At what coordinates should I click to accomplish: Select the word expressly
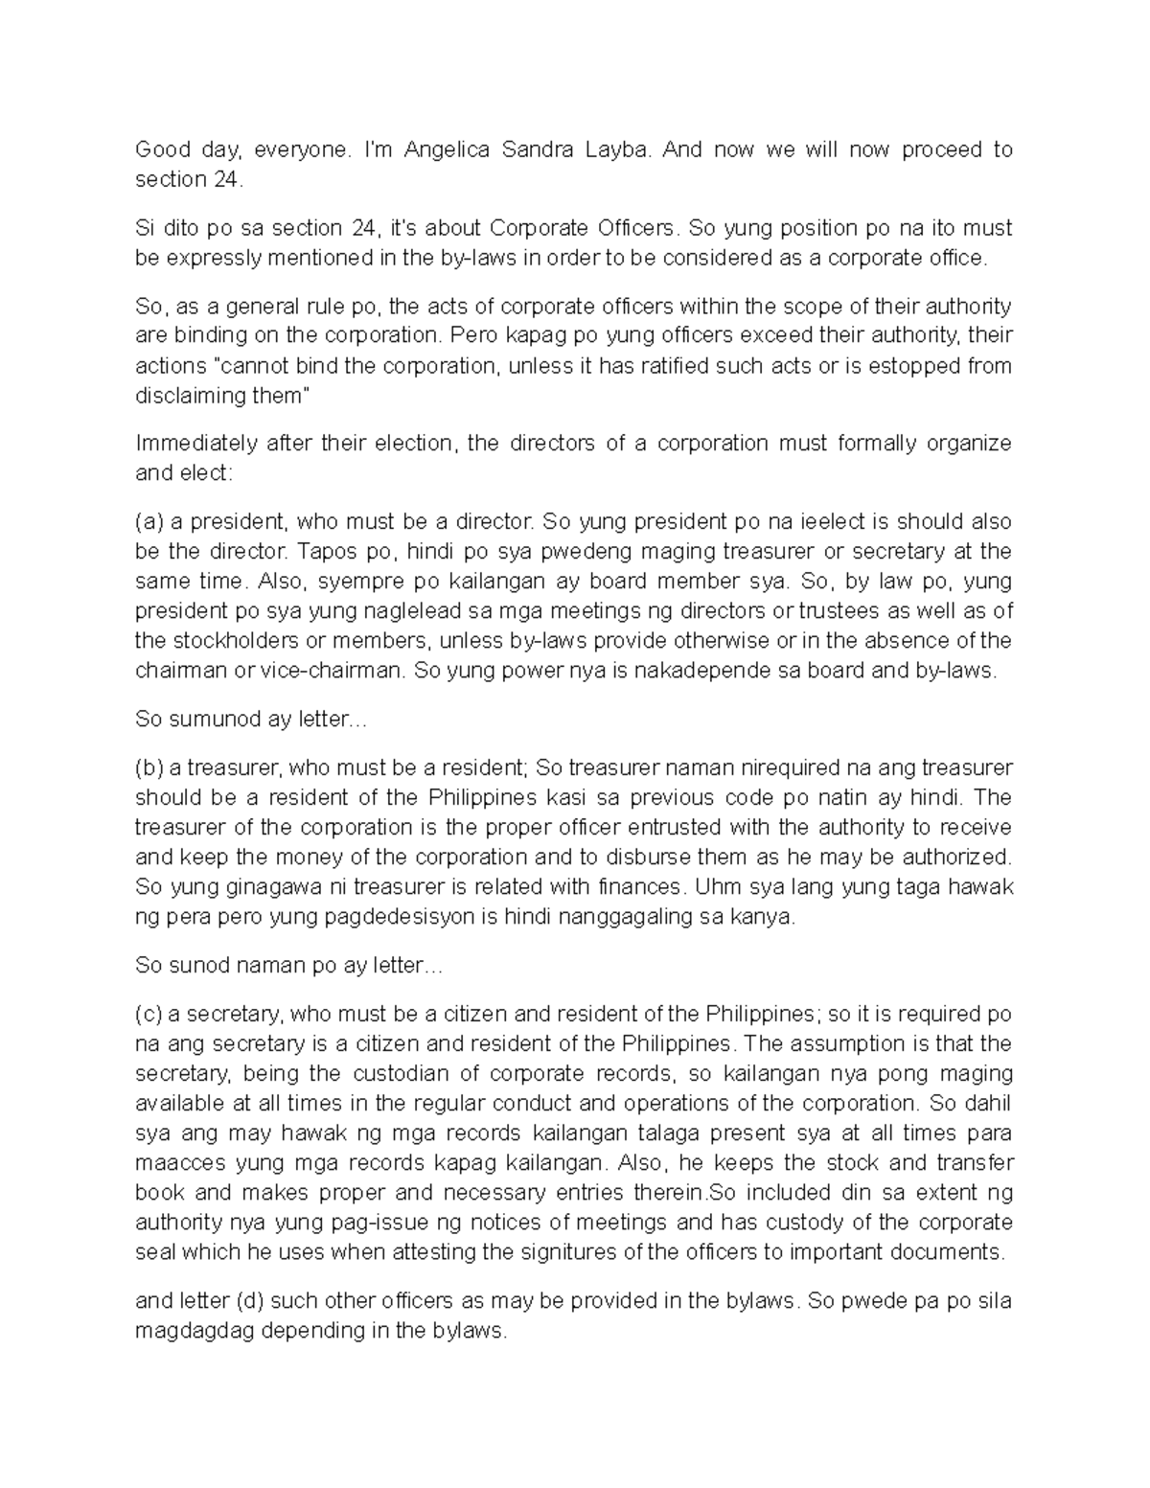(x=217, y=258)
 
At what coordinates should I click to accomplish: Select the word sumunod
(x=207, y=719)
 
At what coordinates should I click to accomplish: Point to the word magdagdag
(x=192, y=1331)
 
